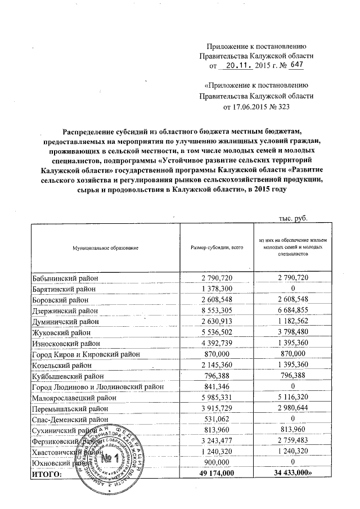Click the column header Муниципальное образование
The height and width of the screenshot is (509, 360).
point(105,248)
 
